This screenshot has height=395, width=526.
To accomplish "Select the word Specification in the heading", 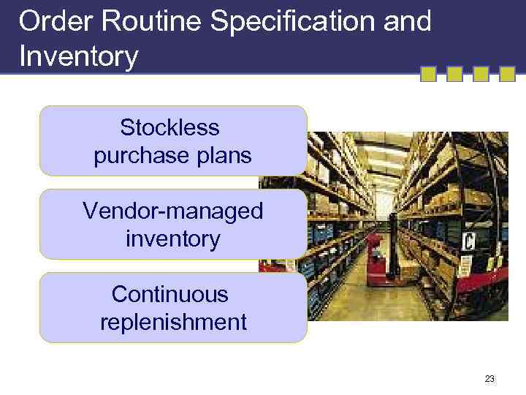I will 294,21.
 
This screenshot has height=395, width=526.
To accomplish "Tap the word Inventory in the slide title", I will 78,56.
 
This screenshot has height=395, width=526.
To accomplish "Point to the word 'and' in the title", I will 409,21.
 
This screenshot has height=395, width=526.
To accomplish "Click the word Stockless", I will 169,128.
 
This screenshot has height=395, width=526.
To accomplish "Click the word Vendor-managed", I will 172,211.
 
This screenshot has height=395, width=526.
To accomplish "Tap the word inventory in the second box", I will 172,239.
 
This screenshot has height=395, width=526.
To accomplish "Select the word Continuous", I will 169,295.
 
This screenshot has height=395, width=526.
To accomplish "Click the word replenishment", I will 173,323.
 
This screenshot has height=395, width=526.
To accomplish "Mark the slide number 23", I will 489,379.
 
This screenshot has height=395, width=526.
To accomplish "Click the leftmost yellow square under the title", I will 429,74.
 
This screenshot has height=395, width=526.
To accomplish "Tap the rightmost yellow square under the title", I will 506,74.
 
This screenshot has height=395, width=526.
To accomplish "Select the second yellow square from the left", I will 454,74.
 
